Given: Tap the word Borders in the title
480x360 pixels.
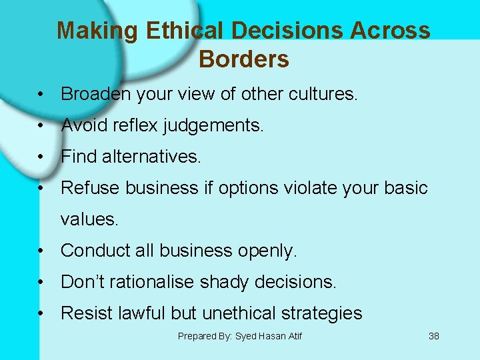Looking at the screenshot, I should click(x=243, y=59).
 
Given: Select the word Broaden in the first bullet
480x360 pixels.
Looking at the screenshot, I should click(x=96, y=94).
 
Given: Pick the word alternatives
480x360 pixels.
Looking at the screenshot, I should click(x=151, y=157).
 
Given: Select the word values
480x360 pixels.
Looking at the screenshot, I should click(x=89, y=219).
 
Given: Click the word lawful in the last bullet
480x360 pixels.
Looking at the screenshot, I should click(x=136, y=313).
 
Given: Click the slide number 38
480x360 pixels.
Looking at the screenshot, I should click(x=433, y=336).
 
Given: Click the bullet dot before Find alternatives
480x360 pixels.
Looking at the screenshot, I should click(x=41, y=157).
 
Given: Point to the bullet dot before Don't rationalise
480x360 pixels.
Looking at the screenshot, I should click(x=41, y=283).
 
